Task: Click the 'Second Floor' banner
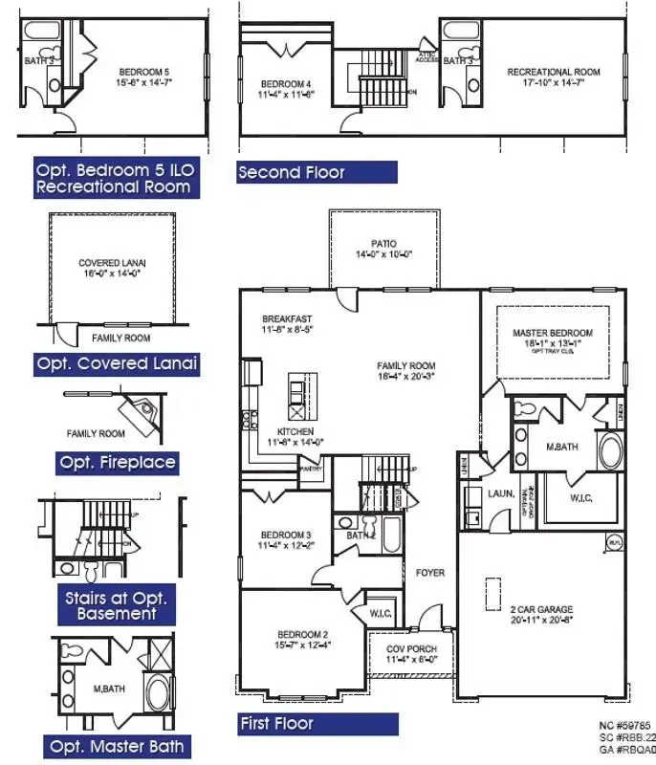pyautogui.click(x=316, y=172)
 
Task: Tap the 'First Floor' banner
pyautogui.click(x=317, y=723)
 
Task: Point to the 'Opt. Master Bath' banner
pyautogui.click(x=119, y=746)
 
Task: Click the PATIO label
pyautogui.click(x=384, y=244)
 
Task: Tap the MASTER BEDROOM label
pyautogui.click(x=546, y=333)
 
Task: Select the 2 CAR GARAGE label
pyautogui.click(x=541, y=608)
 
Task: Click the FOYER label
pyautogui.click(x=429, y=573)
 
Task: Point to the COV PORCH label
pyautogui.click(x=411, y=649)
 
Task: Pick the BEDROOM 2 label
pyautogui.click(x=303, y=635)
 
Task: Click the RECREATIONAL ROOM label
pyautogui.click(x=553, y=72)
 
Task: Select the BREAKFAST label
pyautogui.click(x=287, y=319)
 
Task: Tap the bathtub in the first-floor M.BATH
pyautogui.click(x=608, y=450)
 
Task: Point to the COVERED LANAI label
pyautogui.click(x=113, y=263)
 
